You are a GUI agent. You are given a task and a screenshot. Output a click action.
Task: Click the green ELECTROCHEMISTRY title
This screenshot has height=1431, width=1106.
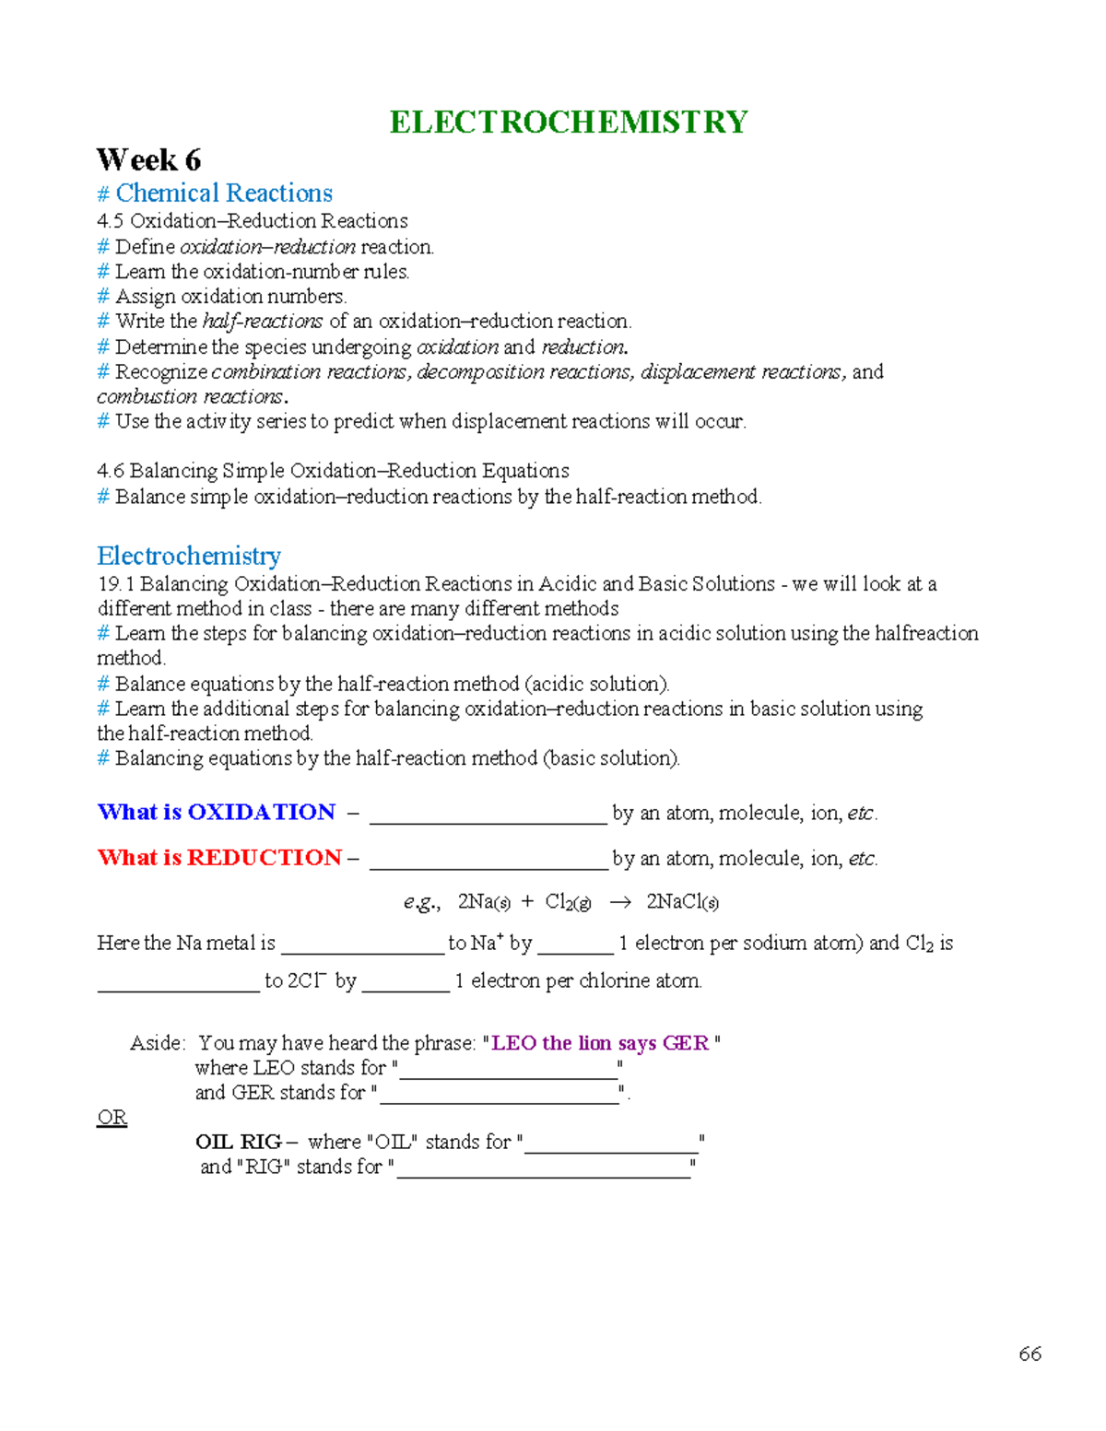click(568, 123)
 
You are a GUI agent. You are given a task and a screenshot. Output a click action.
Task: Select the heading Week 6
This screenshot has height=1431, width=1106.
click(148, 160)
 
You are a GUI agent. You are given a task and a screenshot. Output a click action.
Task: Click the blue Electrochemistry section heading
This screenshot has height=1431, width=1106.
click(189, 557)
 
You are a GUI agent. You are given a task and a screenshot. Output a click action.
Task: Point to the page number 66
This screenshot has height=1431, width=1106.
click(1030, 1354)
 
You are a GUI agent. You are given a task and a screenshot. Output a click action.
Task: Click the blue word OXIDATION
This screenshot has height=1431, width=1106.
click(261, 812)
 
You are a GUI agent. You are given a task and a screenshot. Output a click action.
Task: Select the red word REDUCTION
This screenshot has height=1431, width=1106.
click(265, 858)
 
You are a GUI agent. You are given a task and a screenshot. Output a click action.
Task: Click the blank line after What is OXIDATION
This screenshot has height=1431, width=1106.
click(488, 816)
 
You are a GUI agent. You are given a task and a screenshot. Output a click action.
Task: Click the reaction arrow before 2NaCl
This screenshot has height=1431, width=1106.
click(620, 902)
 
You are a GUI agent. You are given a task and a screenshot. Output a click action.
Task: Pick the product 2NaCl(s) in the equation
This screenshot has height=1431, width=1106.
click(682, 902)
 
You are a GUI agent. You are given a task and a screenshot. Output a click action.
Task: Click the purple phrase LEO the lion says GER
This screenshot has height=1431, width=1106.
click(600, 1043)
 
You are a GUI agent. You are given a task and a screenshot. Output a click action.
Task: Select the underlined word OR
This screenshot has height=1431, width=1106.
click(112, 1118)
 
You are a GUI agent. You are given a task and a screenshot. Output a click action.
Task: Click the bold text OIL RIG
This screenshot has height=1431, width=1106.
click(239, 1142)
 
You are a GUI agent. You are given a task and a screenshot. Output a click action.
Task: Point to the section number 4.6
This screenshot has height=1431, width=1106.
click(111, 471)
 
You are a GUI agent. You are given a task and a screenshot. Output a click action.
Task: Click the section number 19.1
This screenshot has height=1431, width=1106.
click(116, 584)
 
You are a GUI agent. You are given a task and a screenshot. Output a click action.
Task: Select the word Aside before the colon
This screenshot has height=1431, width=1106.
click(156, 1043)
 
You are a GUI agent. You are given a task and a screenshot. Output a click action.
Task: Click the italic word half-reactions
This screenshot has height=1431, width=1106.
click(263, 322)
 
